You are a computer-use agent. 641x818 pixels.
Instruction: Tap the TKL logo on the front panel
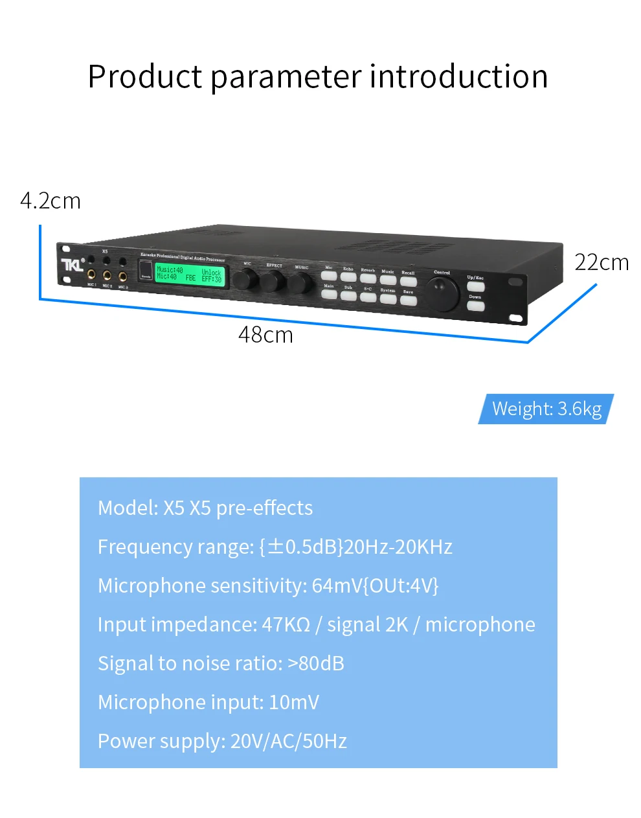point(73,264)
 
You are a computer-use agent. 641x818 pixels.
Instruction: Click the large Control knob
point(443,293)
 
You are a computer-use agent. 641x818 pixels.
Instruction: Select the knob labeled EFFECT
point(273,282)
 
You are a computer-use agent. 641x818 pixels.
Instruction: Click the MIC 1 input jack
point(91,276)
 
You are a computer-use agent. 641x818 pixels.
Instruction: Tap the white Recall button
point(408,282)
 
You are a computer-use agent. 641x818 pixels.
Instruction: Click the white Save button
point(408,301)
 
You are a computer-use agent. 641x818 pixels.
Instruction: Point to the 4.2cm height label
point(51,201)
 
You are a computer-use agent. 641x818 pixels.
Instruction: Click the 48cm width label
point(265,335)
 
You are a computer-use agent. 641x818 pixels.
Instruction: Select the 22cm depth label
point(602,262)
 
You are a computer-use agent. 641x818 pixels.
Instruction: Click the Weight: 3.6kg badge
point(546,409)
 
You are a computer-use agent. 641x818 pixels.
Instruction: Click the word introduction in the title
point(459,76)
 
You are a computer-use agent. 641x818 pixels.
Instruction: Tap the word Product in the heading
point(145,76)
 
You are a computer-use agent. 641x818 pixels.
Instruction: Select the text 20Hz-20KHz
point(398,547)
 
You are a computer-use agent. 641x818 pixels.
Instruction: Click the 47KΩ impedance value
point(286,624)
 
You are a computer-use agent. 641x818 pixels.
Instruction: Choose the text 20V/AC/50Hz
point(289,741)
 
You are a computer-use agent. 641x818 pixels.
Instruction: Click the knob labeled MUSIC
point(300,283)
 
